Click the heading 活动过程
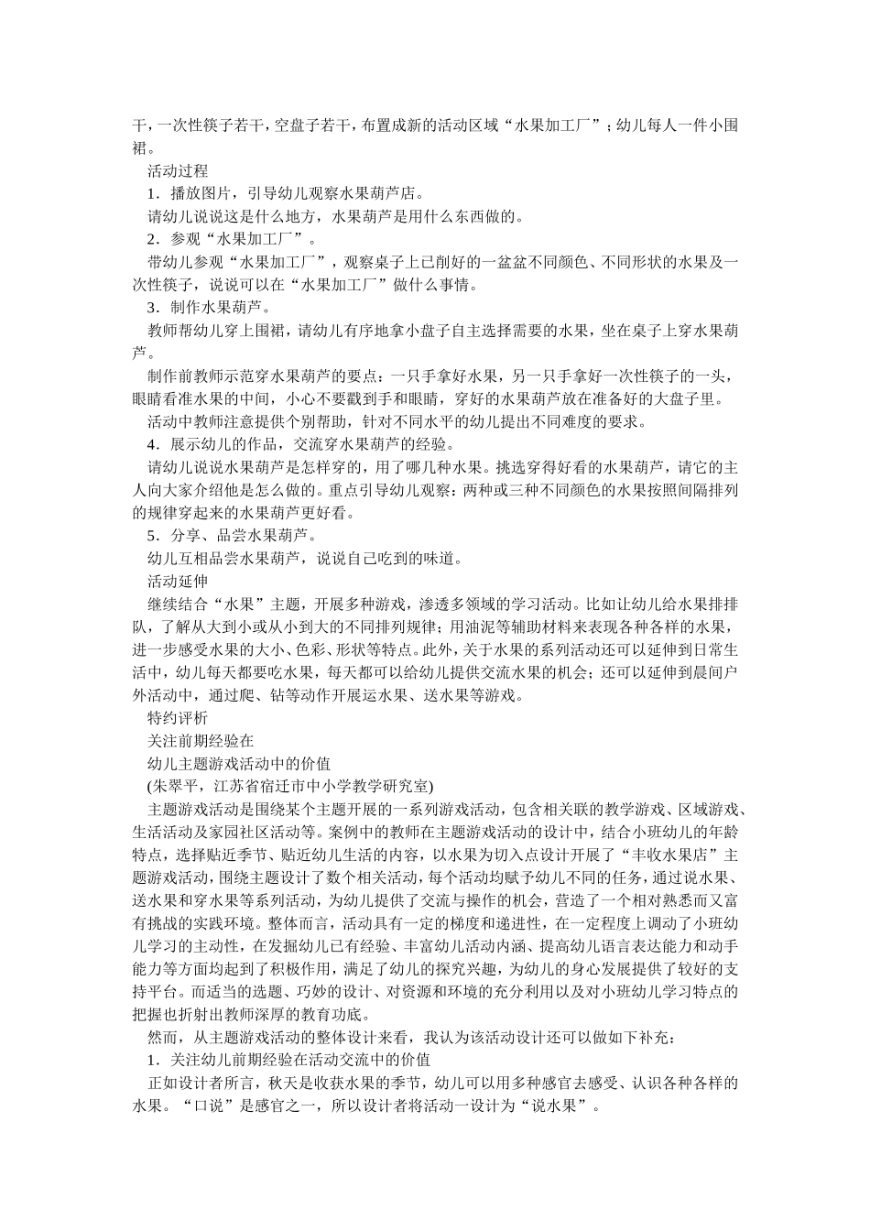click(178, 171)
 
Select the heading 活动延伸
click(178, 582)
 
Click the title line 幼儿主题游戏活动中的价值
click(239, 763)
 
